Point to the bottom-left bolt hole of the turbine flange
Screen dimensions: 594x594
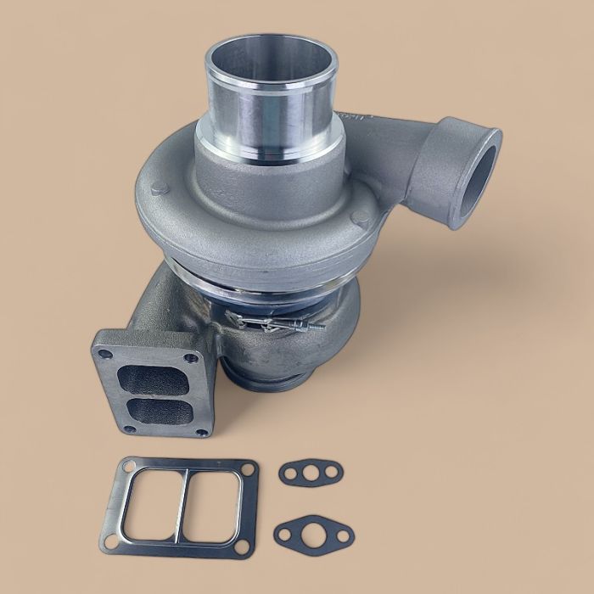tap(127, 429)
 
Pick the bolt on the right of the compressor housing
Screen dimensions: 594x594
tap(362, 218)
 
